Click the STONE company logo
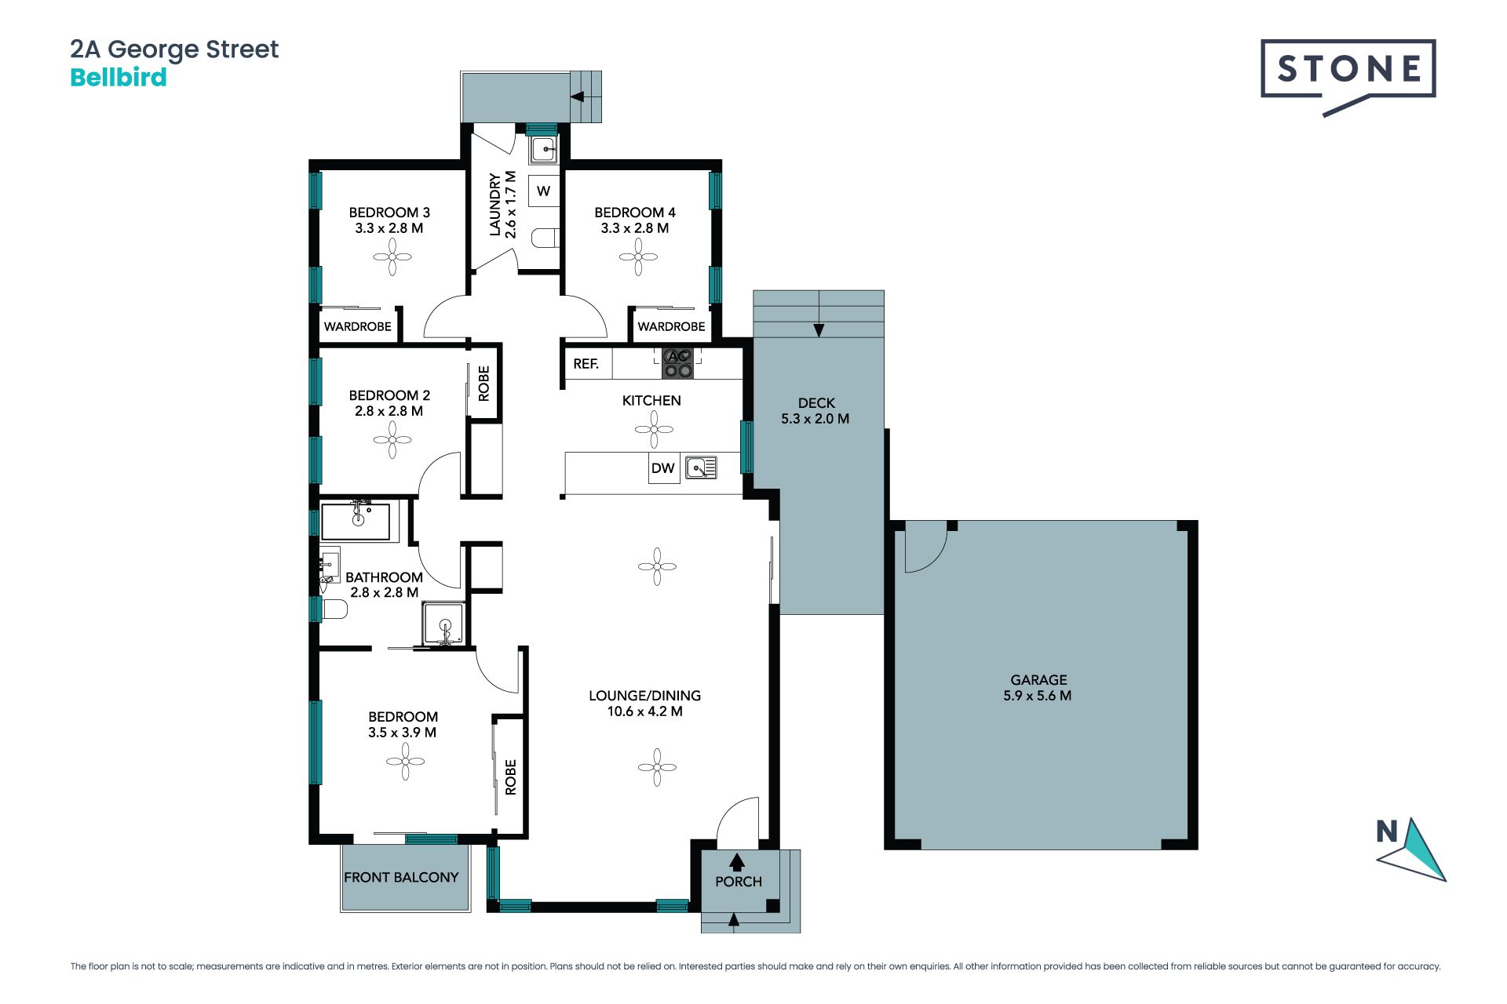[1348, 77]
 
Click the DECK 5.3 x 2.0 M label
[816, 411]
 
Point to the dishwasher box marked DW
[663, 468]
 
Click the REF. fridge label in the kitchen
[586, 364]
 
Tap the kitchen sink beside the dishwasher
[701, 468]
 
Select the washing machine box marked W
[543, 191]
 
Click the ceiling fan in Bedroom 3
[392, 256]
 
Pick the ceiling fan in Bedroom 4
[638, 256]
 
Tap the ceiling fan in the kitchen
[654, 430]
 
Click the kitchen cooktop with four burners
[678, 363]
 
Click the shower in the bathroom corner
[445, 624]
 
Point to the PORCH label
[739, 882]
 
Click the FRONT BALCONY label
[401, 877]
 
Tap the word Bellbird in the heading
[119, 77]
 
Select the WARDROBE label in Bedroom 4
[671, 326]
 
